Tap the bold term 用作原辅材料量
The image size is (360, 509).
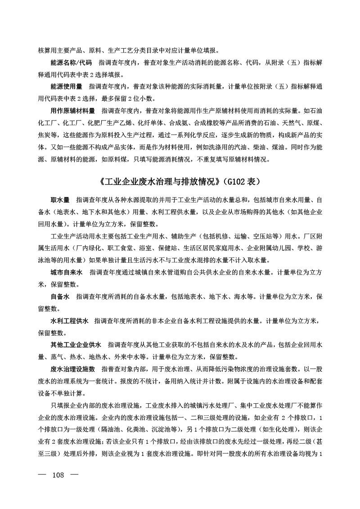73,110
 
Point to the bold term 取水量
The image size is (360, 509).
60,199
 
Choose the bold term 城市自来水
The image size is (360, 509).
67,273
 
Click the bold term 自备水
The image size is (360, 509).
60,297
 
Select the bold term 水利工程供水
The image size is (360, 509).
70,321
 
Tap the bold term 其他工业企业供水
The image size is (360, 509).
76,345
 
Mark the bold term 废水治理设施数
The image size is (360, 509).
73,369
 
